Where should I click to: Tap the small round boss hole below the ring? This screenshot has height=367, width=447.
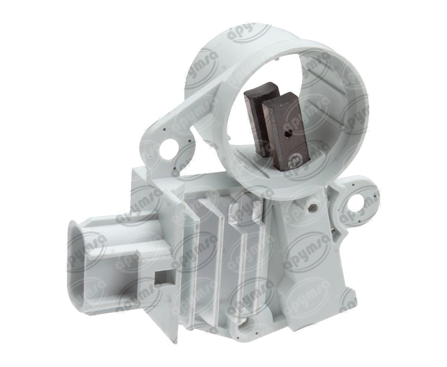312,204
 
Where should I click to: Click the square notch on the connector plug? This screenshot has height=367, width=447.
165,277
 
